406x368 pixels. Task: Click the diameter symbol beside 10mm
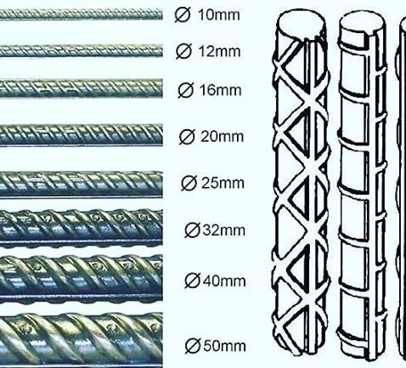(x=183, y=14)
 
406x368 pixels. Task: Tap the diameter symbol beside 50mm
(x=193, y=346)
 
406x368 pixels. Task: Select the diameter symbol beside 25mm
(x=189, y=183)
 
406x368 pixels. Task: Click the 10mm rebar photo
(x=82, y=14)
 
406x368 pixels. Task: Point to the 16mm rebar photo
(x=82, y=88)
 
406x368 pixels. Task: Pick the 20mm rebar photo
(x=82, y=135)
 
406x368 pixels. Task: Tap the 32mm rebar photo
(x=82, y=228)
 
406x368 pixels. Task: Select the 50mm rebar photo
(x=82, y=340)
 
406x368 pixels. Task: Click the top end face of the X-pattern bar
(x=301, y=22)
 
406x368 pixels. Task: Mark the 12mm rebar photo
(x=82, y=51)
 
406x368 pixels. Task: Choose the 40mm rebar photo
(x=82, y=279)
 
